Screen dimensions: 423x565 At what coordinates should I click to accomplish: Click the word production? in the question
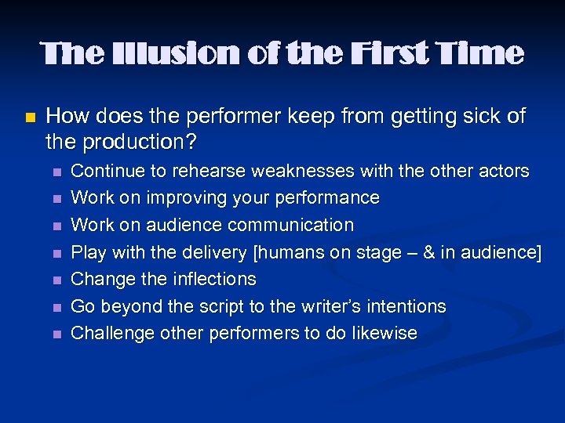(135, 143)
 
